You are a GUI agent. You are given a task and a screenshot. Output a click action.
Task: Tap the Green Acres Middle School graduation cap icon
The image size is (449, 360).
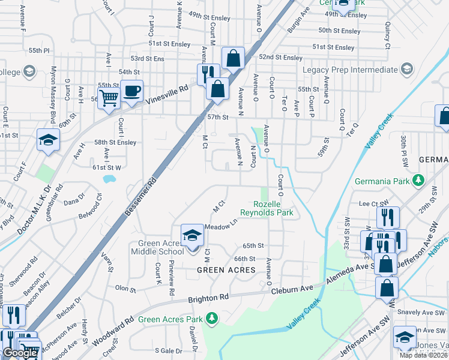[192, 234]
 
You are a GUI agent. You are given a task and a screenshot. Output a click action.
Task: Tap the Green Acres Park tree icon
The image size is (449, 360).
[211, 317]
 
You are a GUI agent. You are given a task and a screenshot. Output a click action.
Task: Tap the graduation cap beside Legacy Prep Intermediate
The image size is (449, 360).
[406, 70]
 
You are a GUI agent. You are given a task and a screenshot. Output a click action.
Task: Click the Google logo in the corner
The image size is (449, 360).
[20, 353]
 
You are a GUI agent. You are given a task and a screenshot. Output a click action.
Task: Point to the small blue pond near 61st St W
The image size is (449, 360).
[109, 179]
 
